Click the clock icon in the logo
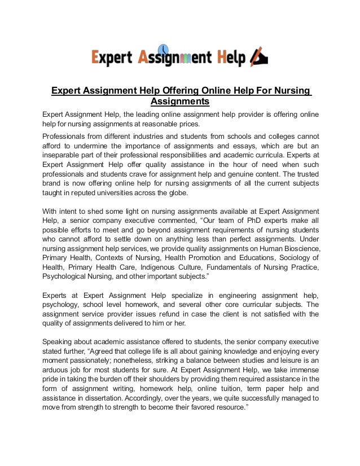(163, 49)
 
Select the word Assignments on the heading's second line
(180, 102)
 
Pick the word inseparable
(66, 156)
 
